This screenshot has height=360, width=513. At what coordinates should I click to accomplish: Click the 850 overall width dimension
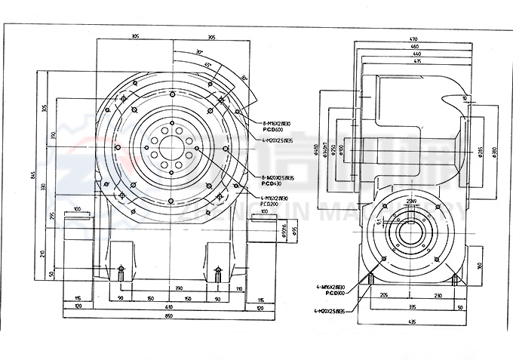(169, 315)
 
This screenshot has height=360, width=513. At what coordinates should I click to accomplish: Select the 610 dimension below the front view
(169, 307)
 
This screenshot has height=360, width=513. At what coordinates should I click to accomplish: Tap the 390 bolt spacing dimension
(179, 289)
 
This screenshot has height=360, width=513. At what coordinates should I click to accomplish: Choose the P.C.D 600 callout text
(272, 128)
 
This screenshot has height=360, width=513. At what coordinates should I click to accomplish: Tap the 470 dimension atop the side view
(413, 38)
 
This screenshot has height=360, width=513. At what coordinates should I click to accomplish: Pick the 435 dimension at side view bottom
(412, 322)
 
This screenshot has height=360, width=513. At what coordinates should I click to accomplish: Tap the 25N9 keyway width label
(410, 202)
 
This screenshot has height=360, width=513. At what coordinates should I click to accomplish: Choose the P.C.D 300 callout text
(335, 293)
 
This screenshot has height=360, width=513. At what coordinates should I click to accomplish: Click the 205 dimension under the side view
(383, 296)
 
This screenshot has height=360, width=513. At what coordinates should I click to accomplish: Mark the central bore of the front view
(172, 147)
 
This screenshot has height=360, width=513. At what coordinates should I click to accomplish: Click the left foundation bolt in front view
(120, 272)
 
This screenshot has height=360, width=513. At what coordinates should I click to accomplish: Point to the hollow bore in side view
(410, 232)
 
